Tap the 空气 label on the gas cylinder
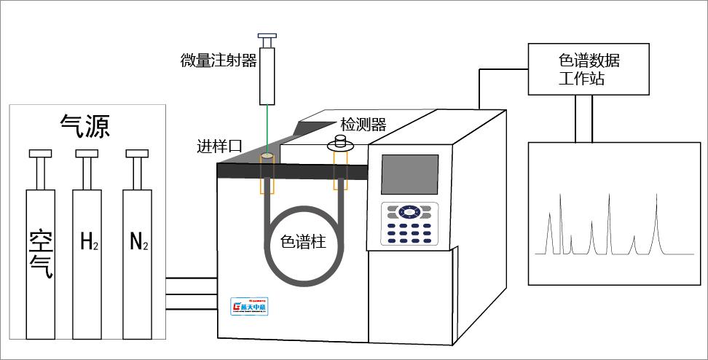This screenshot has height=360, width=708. [41, 254]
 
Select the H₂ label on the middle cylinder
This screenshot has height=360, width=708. [88, 243]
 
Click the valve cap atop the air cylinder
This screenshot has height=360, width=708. [41, 153]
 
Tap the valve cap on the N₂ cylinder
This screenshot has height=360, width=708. [137, 153]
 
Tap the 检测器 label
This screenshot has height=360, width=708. [363, 125]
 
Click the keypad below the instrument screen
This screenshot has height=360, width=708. [409, 224]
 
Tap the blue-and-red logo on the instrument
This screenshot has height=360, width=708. [250, 306]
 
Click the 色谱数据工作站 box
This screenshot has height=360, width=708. [589, 69]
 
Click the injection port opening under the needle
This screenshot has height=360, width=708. [267, 156]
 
